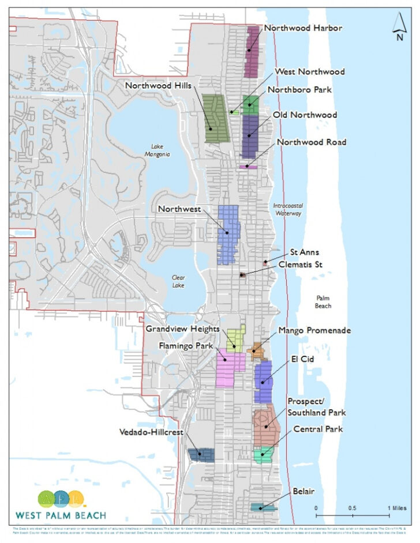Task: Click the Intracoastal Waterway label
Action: click(x=287, y=209)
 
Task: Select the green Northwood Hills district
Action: click(x=217, y=118)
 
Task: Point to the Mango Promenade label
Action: click(x=314, y=330)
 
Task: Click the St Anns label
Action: click(x=304, y=252)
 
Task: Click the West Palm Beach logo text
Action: click(x=61, y=515)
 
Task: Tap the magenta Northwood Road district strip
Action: click(x=247, y=167)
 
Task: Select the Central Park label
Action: click(x=318, y=429)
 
